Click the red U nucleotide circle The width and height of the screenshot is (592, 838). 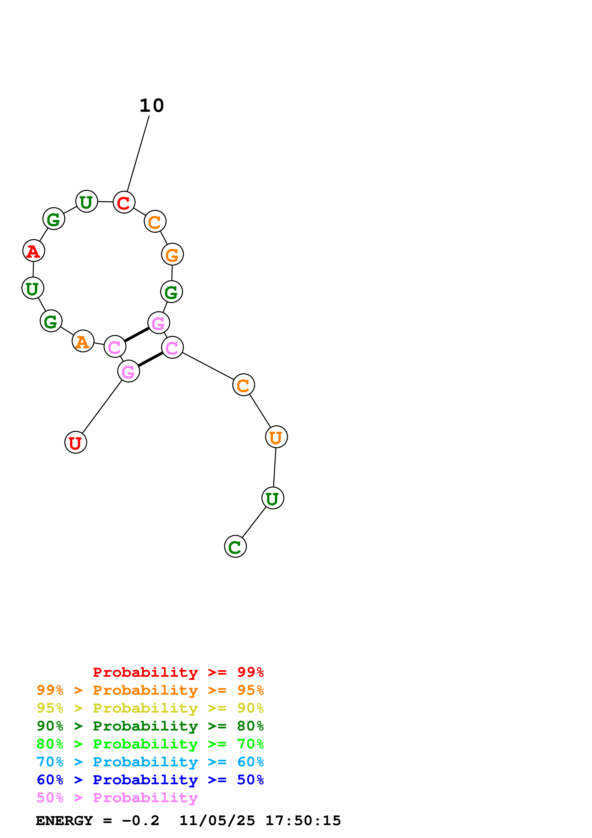(75, 442)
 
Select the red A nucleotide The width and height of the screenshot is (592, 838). (34, 251)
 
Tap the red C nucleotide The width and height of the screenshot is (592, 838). (124, 202)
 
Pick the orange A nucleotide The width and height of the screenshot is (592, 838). (83, 341)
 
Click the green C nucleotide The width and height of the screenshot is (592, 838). (235, 546)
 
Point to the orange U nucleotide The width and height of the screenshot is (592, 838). (276, 437)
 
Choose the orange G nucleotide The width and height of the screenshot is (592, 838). (172, 254)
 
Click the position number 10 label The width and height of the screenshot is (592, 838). (152, 106)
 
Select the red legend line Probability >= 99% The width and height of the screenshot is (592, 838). (178, 672)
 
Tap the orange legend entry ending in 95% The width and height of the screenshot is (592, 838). (150, 690)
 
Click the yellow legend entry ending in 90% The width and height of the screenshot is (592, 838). (150, 708)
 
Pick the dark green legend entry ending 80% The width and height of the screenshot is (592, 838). (150, 726)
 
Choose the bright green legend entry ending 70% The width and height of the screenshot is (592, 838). (150, 744)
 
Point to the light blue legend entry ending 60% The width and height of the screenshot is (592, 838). (150, 762)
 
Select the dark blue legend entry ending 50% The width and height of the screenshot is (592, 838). (150, 780)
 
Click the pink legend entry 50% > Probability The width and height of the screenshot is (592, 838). (117, 797)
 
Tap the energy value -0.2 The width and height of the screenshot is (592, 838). (140, 821)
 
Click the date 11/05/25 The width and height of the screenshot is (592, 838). (217, 821)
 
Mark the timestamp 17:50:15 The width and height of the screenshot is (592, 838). (303, 821)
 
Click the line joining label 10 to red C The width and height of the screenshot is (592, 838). (138, 153)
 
